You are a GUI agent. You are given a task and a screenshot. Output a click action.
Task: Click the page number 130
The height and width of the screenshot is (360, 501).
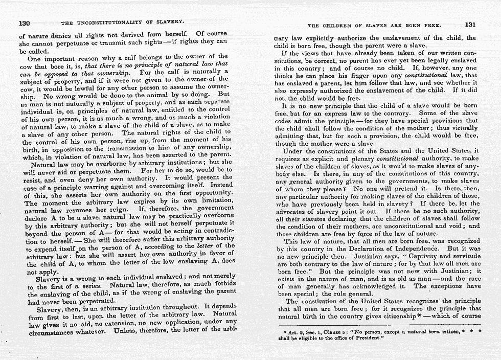tap(26, 23)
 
